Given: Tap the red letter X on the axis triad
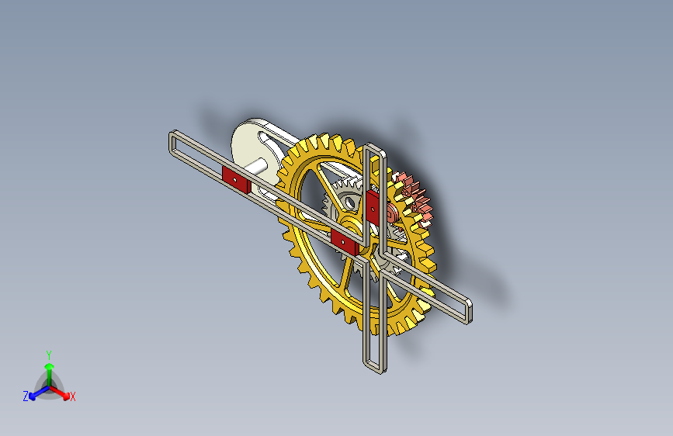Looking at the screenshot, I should (x=73, y=396).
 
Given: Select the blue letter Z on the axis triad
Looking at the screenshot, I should (x=26, y=396).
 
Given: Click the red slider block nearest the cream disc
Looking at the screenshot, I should (x=234, y=179).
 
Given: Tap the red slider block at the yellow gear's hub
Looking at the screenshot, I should (x=343, y=241).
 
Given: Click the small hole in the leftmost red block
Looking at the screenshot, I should (x=233, y=178).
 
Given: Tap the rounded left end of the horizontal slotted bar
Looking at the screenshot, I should (x=172, y=143).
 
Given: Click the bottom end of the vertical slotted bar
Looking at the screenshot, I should (x=372, y=365).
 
